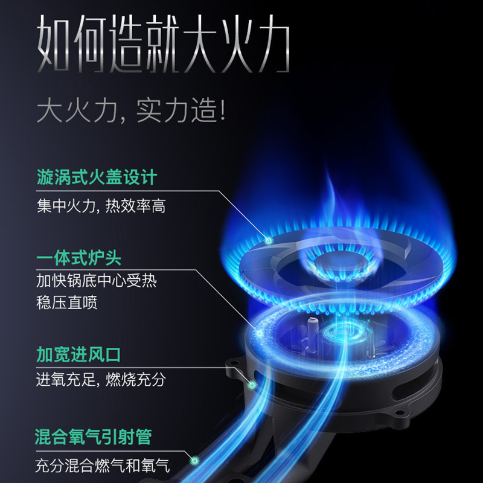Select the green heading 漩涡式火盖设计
(x=96, y=178)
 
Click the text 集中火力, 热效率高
(x=101, y=206)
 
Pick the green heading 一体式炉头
(x=79, y=258)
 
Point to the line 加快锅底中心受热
(x=97, y=281)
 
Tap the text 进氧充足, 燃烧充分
(x=101, y=380)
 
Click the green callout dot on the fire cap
(x=269, y=240)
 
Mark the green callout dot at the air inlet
(x=252, y=384)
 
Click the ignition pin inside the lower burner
(x=313, y=328)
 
